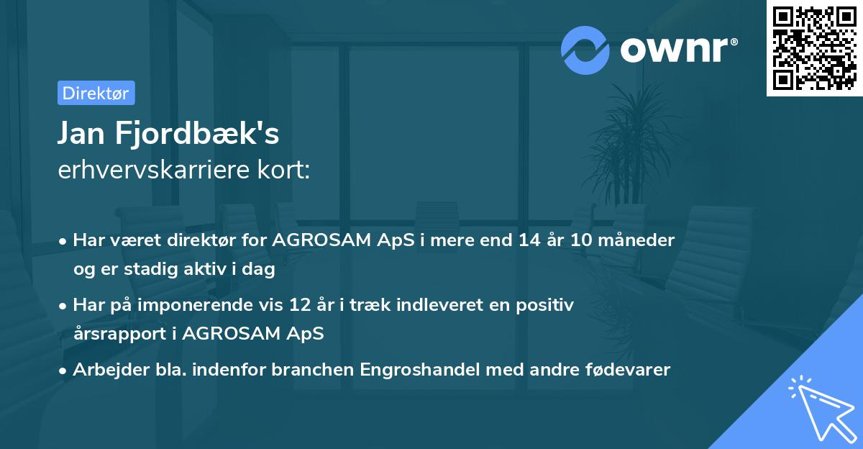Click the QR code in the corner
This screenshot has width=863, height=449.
(814, 48)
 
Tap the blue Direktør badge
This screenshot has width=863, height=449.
(96, 93)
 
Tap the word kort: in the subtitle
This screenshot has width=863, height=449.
(286, 170)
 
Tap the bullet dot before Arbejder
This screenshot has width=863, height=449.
(63, 371)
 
